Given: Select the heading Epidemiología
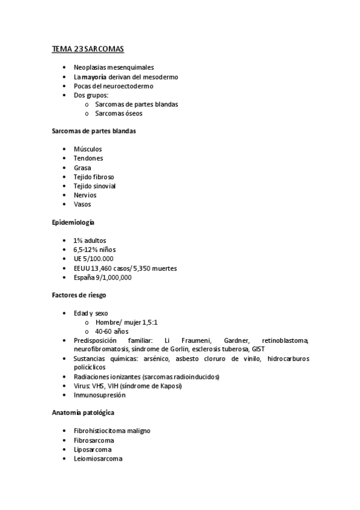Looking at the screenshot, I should (x=72, y=223).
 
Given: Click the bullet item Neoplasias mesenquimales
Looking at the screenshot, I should (x=114, y=67).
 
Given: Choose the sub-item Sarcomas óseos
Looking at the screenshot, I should (x=118, y=113).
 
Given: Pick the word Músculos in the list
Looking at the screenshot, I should (x=88, y=149).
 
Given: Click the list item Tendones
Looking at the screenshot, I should (x=88, y=158).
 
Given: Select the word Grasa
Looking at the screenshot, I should (x=82, y=168).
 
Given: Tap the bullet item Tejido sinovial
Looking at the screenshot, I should (x=94, y=186).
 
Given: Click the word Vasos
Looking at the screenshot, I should (x=82, y=204).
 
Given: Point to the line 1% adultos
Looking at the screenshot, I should (x=90, y=241).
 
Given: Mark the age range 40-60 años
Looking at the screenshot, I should (x=112, y=331).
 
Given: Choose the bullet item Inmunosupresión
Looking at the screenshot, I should (x=100, y=395).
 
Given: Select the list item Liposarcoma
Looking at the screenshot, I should (x=93, y=449).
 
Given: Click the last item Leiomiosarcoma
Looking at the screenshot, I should (x=98, y=458).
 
